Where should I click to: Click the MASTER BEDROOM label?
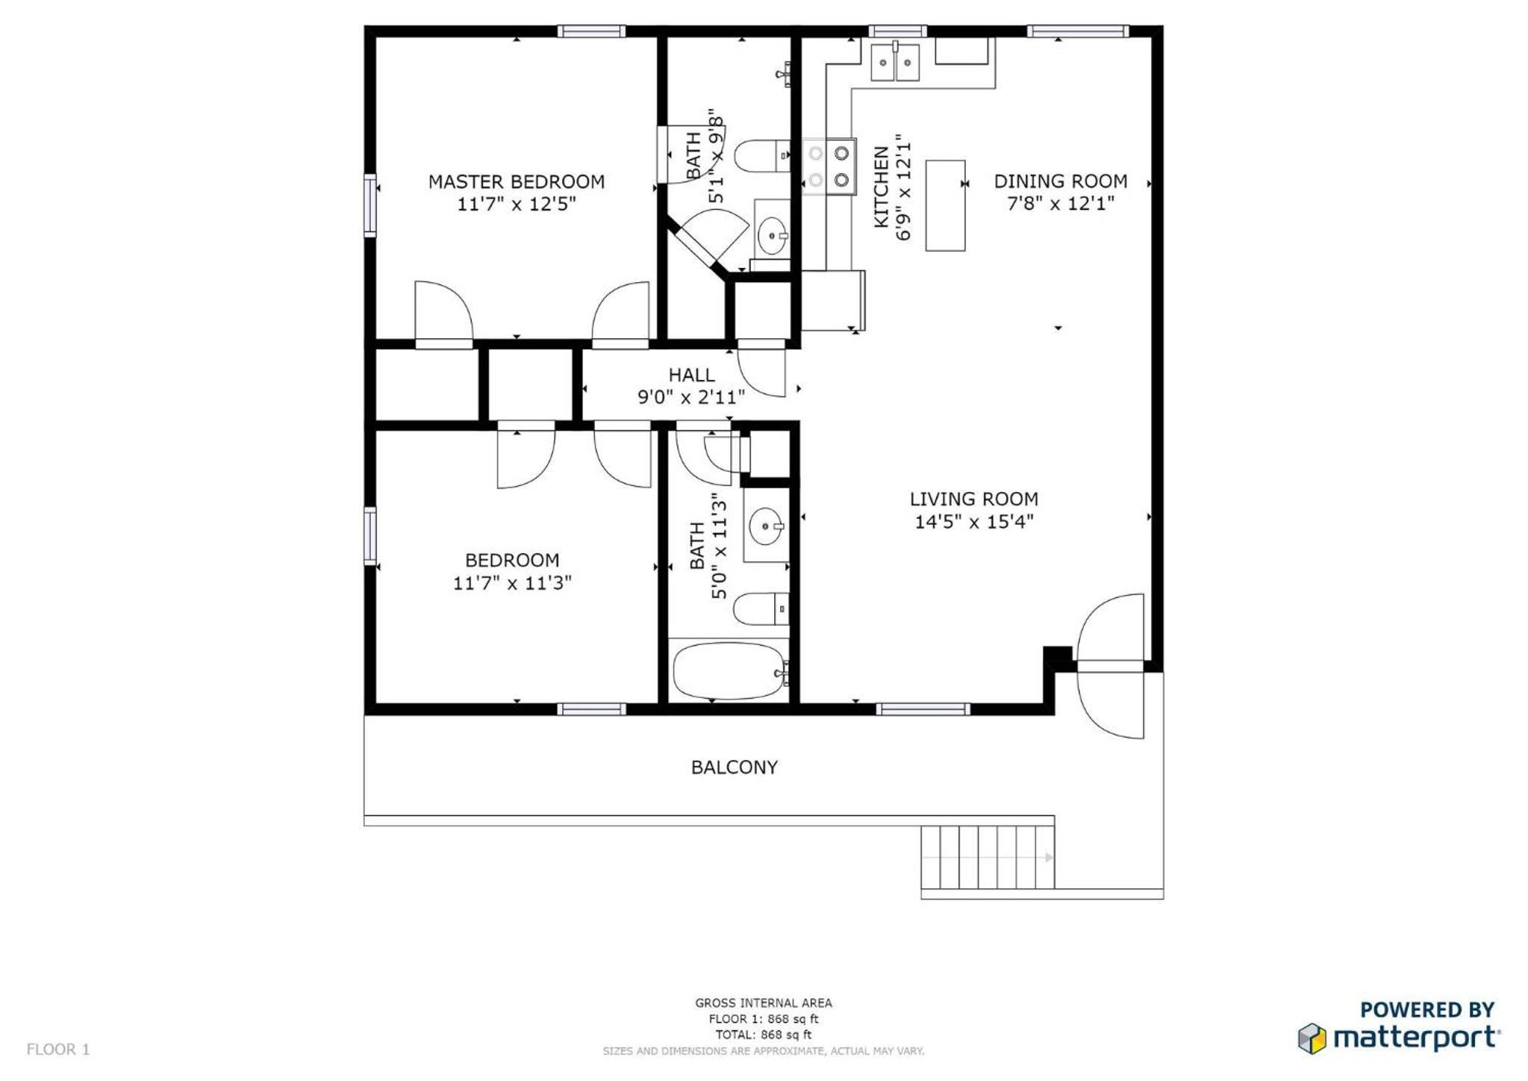click(x=516, y=181)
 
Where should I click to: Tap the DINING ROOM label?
click(x=1060, y=181)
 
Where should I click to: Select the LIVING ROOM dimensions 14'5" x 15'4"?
click(x=973, y=521)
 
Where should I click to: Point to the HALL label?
click(x=691, y=375)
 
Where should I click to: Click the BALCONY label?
click(x=734, y=767)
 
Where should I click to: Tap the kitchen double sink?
click(x=895, y=61)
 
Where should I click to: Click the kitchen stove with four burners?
click(x=829, y=166)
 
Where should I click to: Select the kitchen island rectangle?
click(x=945, y=205)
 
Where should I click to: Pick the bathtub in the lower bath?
click(x=729, y=670)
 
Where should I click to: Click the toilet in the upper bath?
click(x=761, y=156)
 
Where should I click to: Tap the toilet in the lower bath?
click(x=761, y=608)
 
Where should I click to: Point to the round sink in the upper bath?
click(x=773, y=236)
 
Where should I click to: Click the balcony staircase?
click(x=987, y=857)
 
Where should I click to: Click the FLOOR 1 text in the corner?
click(x=58, y=1049)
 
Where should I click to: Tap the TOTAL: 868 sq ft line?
click(x=763, y=1035)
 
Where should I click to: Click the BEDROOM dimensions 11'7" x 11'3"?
click(x=512, y=582)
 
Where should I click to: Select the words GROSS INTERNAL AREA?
click(x=763, y=1003)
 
